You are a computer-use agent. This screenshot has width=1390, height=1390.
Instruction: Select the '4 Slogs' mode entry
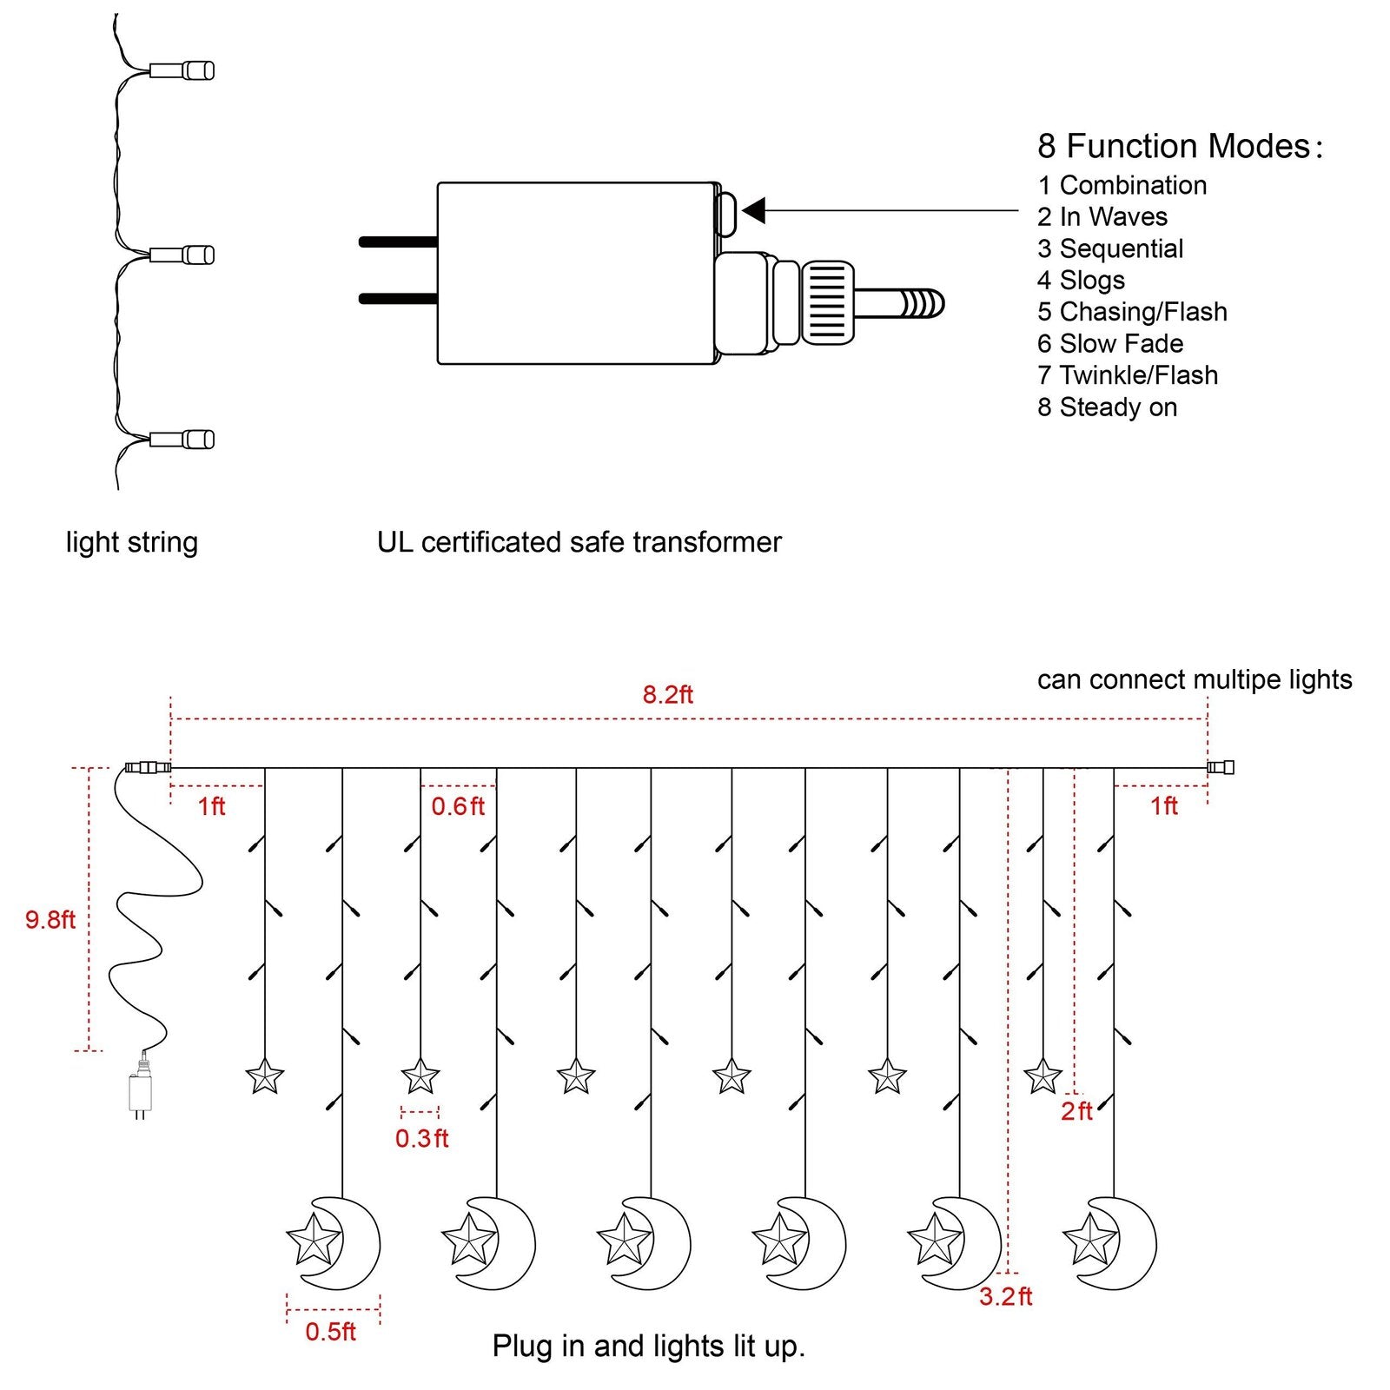coord(1081,280)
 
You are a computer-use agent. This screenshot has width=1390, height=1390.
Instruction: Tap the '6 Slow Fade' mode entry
coord(1110,343)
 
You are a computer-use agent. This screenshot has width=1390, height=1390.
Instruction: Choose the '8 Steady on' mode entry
coord(1107,407)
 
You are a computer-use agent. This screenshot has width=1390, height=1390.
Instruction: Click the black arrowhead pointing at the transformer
coord(754,210)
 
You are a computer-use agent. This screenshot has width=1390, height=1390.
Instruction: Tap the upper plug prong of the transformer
coord(398,242)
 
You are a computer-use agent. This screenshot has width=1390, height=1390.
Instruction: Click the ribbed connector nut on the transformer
coord(827,302)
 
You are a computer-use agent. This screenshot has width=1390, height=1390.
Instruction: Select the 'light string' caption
coord(132,542)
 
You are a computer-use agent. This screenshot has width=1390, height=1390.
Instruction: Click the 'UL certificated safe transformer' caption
coord(579,542)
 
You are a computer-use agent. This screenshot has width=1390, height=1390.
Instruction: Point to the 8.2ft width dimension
coord(667,694)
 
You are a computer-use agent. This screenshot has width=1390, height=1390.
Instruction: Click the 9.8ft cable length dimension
coord(50,919)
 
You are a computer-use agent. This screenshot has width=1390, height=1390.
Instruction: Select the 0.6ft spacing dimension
coord(458,806)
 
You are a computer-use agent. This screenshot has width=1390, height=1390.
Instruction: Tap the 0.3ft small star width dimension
coord(421,1138)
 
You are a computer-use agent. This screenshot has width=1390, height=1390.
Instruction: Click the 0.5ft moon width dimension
coord(330,1331)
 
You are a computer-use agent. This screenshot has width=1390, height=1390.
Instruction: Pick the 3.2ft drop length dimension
coord(1005,1296)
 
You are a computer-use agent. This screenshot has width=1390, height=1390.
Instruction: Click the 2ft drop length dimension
coord(1076,1110)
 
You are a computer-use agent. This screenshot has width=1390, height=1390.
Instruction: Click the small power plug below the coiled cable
coord(139,1092)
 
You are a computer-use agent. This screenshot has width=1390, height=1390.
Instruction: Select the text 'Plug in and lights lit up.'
coord(648,1346)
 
